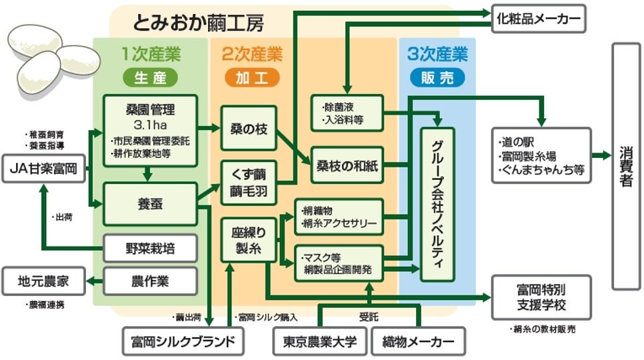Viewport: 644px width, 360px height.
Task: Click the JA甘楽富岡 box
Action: pyautogui.click(x=44, y=169)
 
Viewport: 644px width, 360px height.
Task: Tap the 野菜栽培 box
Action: pyautogui.click(x=150, y=249)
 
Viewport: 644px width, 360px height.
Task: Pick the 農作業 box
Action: pyautogui.click(x=150, y=281)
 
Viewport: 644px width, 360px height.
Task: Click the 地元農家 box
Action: pyautogui.click(x=44, y=281)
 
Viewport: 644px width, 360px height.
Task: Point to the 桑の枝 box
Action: pyautogui.click(x=248, y=129)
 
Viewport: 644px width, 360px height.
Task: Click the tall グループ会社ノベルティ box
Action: pyautogui.click(x=437, y=203)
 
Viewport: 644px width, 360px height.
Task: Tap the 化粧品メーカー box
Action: pyautogui.click(x=539, y=18)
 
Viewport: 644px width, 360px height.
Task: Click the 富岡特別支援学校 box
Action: pyautogui.click(x=541, y=297)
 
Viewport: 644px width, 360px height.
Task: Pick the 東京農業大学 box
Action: pyautogui.click(x=319, y=342)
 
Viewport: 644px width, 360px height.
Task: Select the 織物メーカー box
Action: pyautogui.click(x=418, y=342)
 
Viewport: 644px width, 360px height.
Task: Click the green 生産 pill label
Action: pyautogui.click(x=150, y=78)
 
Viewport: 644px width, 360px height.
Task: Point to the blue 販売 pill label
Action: pyautogui.click(x=437, y=78)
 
